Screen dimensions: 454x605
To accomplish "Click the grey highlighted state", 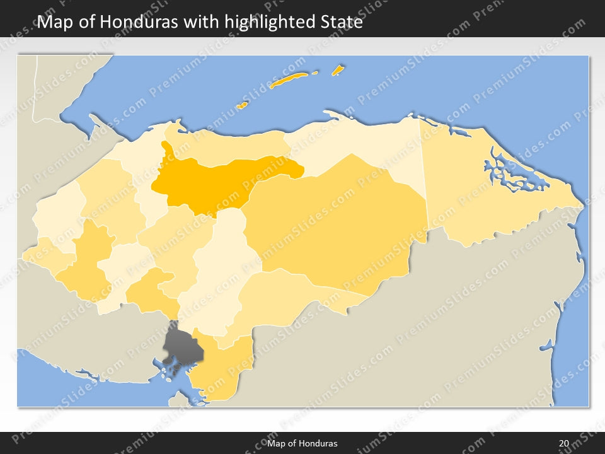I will click(x=181, y=346).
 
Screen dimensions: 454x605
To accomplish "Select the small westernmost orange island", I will click(x=242, y=105).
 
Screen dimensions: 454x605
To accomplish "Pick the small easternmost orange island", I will click(x=338, y=69).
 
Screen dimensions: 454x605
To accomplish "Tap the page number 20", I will click(x=563, y=443).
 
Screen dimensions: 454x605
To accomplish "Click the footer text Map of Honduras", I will click(x=302, y=443).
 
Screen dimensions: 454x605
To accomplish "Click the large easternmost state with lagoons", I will click(x=479, y=202).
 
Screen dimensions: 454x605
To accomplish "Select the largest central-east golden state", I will click(x=340, y=227).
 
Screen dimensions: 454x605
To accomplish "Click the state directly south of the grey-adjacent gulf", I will click(x=217, y=372).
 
